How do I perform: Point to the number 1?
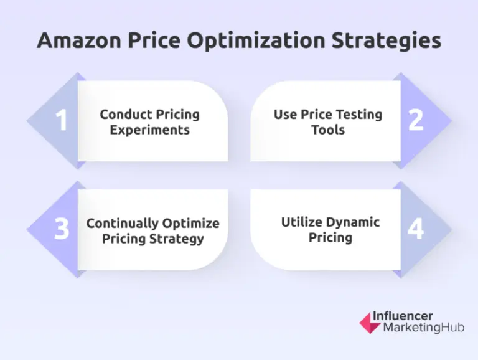62,121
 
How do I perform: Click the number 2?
416,121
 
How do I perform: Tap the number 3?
62,229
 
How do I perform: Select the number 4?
416,229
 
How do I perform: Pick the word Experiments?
150,130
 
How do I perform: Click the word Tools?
328,130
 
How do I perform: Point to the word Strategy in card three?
176,239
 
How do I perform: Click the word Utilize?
304,222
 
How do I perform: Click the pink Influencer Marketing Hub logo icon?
369,322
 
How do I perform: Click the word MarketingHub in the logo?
423,328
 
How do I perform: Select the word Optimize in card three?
191,224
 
